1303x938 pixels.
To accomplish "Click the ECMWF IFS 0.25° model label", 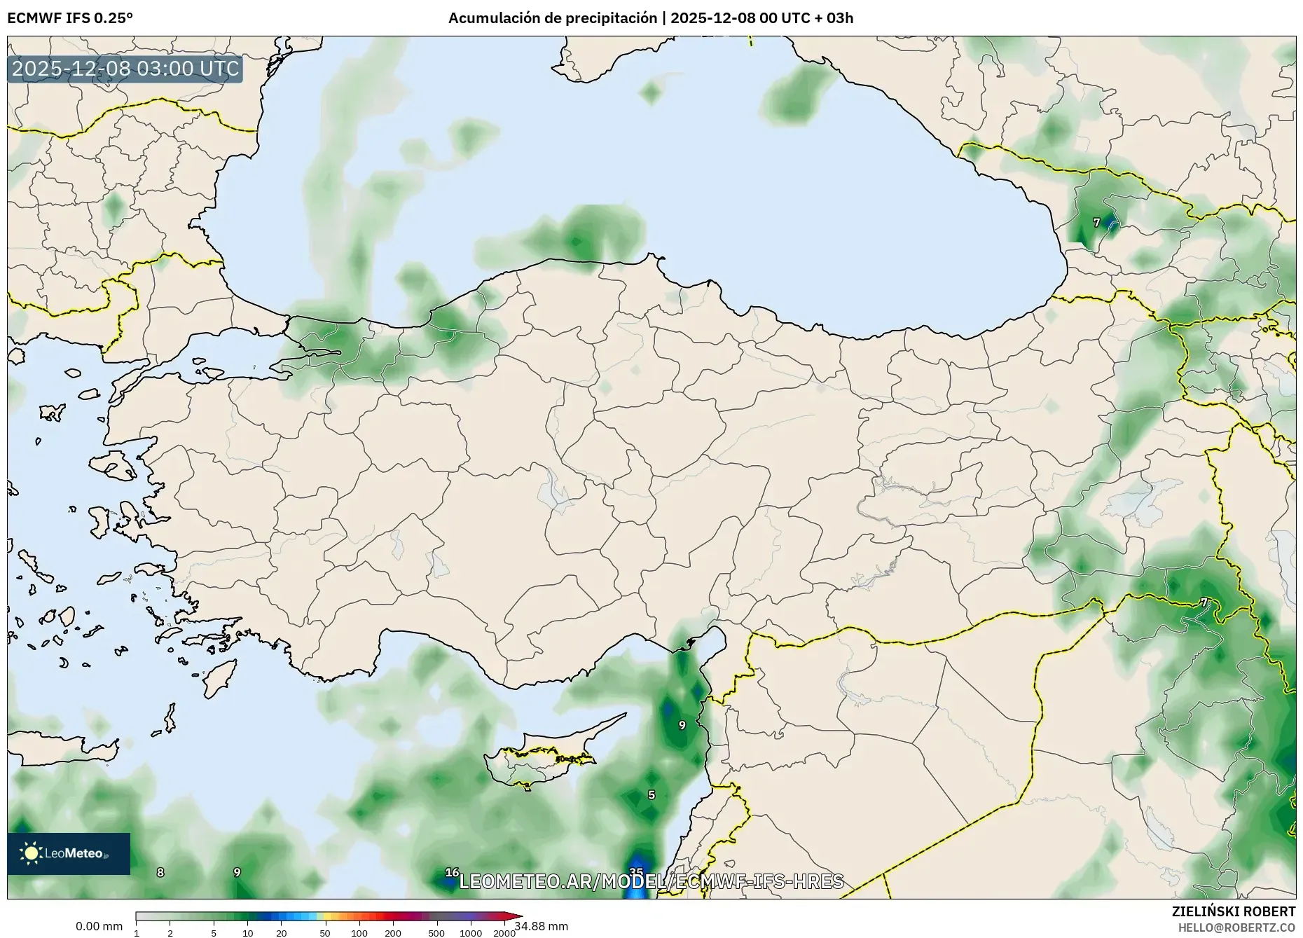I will click(70, 18).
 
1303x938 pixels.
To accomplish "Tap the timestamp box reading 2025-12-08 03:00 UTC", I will click(125, 69).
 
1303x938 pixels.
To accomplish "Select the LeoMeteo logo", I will click(69, 853).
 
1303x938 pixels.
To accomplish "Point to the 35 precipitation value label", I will click(636, 871).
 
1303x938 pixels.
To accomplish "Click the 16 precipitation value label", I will click(452, 872).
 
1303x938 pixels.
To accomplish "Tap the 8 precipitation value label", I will click(160, 872).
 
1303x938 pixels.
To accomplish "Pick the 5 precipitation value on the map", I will click(651, 794).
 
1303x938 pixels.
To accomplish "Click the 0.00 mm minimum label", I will click(99, 926).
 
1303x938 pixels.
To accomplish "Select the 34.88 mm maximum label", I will click(542, 926).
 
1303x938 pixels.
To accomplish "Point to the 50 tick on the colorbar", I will click(324, 932).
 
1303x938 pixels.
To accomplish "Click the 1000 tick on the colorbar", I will click(470, 932).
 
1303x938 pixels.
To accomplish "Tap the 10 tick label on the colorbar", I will click(247, 932).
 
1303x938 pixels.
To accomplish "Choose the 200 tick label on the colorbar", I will click(393, 932).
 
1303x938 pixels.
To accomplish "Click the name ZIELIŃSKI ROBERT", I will click(1234, 911).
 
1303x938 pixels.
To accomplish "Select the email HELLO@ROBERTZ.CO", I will click(1236, 927).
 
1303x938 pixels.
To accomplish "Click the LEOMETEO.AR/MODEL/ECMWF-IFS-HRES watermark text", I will click(651, 881).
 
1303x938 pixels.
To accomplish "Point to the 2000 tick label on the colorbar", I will click(504, 932).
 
